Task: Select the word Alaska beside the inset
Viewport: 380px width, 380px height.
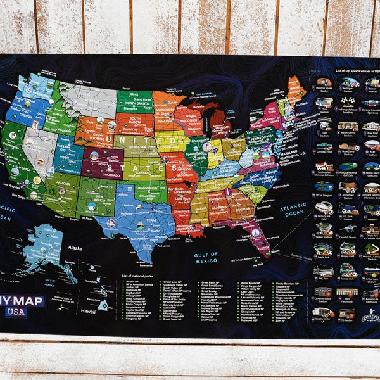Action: [74, 248]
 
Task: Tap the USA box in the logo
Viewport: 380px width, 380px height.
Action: [16, 312]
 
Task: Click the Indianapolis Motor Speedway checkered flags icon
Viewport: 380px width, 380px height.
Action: [346, 101]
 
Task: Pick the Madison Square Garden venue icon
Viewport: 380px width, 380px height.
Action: [324, 82]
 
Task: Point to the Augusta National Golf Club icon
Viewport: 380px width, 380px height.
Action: [347, 166]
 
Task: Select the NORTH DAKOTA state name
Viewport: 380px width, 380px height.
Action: [134, 103]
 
